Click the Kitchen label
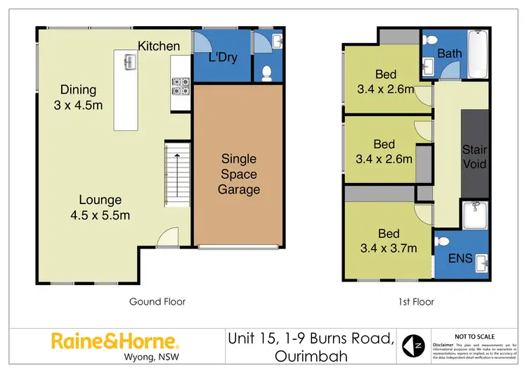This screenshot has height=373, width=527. (x=159, y=46)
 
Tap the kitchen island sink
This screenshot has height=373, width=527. (x=129, y=63)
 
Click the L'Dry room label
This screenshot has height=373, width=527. (x=223, y=58)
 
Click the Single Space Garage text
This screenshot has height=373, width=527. (x=239, y=174)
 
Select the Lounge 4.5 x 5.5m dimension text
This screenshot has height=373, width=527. (x=100, y=208)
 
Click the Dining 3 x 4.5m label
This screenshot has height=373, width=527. (x=78, y=98)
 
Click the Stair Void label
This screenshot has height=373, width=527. (x=474, y=157)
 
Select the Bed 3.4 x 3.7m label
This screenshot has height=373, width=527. (x=389, y=241)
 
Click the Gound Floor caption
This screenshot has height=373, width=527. (x=157, y=302)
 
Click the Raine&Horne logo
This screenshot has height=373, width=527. (x=115, y=342)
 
